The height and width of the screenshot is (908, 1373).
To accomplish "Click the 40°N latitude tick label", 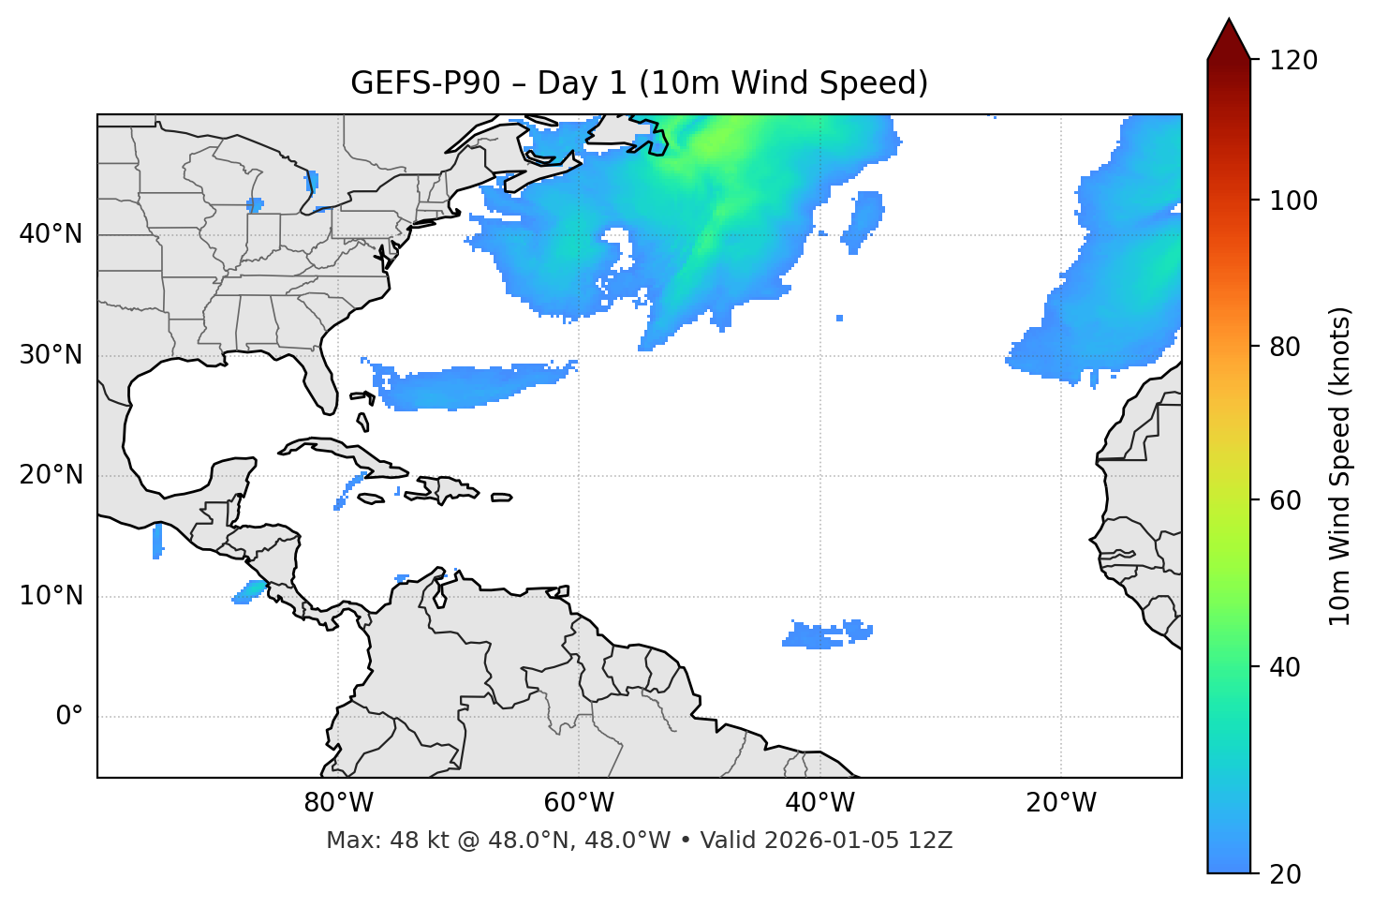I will tap(51, 234).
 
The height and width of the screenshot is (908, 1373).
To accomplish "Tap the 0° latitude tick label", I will tap(69, 717).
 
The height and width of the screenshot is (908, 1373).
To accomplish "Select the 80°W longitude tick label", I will tap(338, 803).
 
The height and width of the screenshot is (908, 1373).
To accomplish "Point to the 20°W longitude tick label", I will tap(1061, 803).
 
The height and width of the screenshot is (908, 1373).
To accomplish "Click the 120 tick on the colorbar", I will tap(1293, 61).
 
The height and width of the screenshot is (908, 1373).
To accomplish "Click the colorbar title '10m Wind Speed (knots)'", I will tap(1340, 467).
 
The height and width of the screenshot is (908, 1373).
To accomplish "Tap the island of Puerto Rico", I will tap(501, 498).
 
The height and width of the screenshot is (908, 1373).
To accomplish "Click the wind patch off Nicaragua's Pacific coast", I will tap(250, 591).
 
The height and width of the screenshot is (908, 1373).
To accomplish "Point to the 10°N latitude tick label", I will tap(51, 596).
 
